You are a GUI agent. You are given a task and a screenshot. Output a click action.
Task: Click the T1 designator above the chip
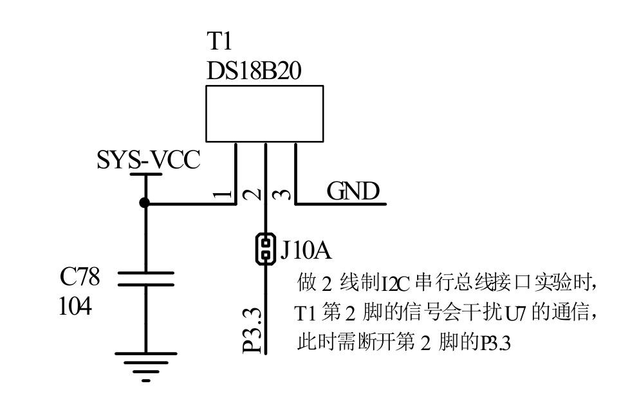click(219, 42)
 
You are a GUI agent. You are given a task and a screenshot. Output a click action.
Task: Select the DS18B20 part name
click(254, 71)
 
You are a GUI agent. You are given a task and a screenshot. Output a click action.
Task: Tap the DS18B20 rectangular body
click(264, 114)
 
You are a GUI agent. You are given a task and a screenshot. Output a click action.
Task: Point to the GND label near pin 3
click(353, 191)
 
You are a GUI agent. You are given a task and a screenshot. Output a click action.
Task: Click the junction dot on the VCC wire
click(145, 203)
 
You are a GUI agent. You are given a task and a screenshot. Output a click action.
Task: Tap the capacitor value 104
click(75, 306)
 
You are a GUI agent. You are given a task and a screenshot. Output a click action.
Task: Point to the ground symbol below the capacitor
click(145, 366)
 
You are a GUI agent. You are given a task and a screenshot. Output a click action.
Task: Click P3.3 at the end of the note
click(494, 344)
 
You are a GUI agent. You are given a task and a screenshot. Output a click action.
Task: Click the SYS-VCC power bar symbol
click(145, 174)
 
